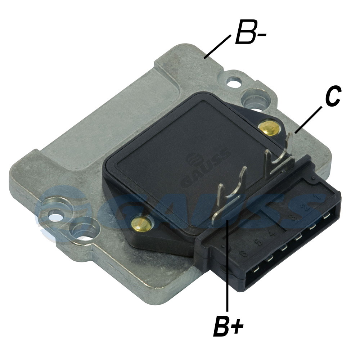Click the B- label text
[251, 32]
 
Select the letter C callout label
[333, 96]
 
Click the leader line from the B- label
[217, 46]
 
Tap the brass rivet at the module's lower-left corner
[140, 224]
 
